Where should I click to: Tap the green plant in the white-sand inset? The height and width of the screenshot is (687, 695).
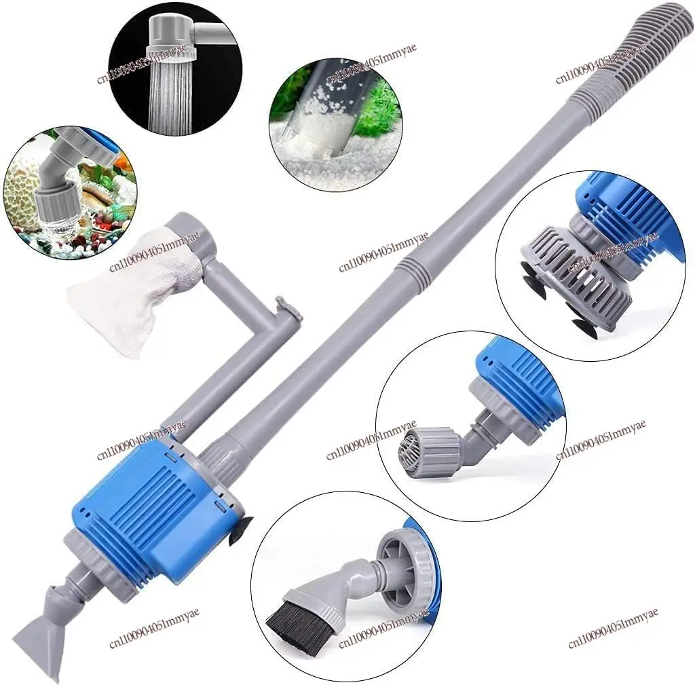[377, 115]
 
